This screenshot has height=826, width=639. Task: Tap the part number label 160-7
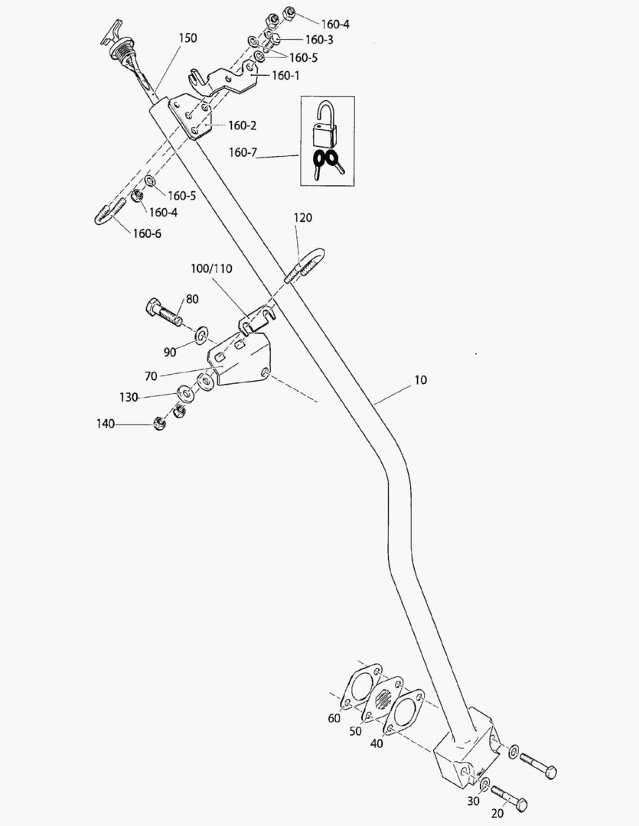243,152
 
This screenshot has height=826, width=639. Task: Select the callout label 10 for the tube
421,380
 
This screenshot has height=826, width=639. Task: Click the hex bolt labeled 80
163,312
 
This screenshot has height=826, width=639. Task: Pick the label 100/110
211,269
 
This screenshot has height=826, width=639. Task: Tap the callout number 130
128,397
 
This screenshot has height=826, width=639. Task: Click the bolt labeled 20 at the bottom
508,796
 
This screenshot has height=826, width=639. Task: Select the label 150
187,37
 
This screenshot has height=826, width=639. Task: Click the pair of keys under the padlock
328,164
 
